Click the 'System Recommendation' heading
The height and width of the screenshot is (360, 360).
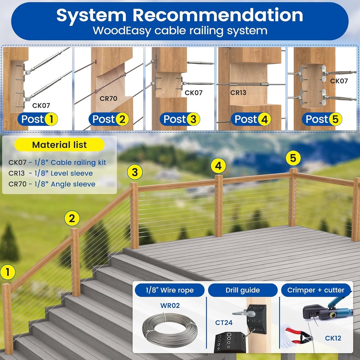coord(180,15)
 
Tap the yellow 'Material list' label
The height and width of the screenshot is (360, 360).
coord(59,144)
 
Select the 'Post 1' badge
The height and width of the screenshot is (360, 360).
coord(38,119)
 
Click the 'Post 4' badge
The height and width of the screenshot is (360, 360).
coord(251,119)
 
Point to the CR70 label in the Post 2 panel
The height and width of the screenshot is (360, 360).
coord(108,98)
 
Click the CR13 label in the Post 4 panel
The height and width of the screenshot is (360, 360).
coord(238,92)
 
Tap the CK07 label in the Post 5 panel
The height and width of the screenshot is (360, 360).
coord(339,81)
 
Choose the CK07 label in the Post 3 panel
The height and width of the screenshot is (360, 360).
coord(194,93)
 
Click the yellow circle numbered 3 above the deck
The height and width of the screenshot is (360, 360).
coord(135,172)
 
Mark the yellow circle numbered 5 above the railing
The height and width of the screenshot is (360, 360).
coord(293,158)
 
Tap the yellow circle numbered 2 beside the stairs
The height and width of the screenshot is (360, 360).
coord(72,218)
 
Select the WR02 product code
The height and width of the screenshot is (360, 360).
coord(170,306)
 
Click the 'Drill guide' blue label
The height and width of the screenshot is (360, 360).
coord(243,290)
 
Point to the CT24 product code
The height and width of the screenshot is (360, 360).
coord(224,323)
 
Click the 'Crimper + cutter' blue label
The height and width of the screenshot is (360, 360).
coord(316,290)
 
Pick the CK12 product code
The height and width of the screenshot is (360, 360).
coord(333,338)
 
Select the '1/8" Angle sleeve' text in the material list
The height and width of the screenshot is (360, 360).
coord(65,184)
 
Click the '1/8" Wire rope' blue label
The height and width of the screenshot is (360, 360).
coord(170,290)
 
